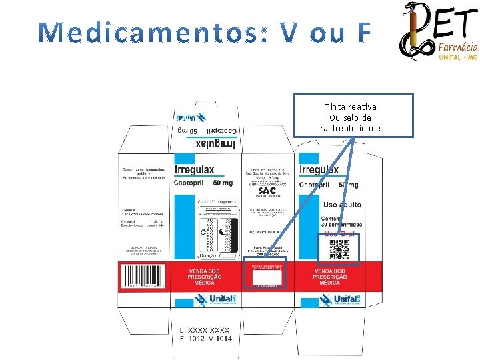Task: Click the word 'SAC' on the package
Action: pos(267,190)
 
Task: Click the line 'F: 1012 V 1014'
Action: pos(207,339)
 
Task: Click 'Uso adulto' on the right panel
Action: pos(342,204)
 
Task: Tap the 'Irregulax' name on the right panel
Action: pos(319,170)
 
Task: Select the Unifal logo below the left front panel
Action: pos(214,300)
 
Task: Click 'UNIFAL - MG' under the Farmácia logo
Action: pos(457,58)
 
